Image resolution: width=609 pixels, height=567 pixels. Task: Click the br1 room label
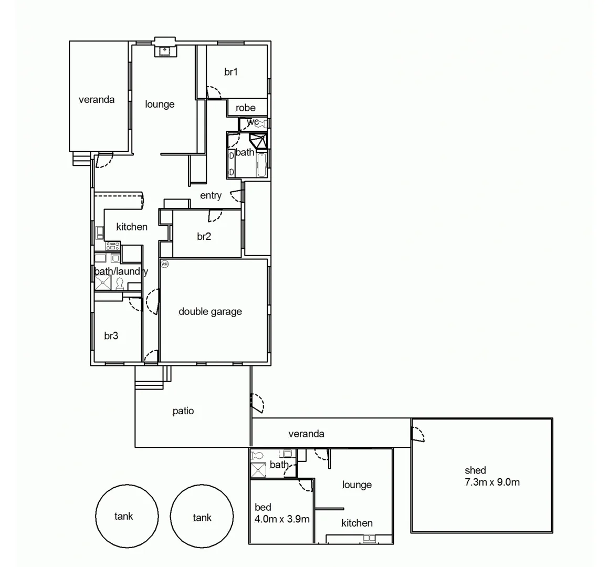click(x=231, y=72)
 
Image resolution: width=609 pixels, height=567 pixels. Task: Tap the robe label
click(x=246, y=108)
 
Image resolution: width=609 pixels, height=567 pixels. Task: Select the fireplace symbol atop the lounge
click(x=165, y=50)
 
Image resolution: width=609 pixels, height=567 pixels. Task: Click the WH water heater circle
click(x=164, y=264)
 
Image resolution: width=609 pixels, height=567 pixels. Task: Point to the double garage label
click(x=210, y=311)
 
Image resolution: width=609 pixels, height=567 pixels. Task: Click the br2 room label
click(x=204, y=236)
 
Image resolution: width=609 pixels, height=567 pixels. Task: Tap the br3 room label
click(x=111, y=335)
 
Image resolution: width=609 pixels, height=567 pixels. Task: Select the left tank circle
click(x=127, y=516)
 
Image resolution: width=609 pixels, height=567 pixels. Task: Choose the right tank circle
click(x=202, y=517)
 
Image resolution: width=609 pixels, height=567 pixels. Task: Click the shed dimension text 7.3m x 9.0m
click(x=492, y=482)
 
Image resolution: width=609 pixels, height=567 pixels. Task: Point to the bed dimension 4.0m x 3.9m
click(x=282, y=519)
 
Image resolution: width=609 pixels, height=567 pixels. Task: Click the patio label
click(x=183, y=411)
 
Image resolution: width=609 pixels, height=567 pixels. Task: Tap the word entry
click(x=211, y=195)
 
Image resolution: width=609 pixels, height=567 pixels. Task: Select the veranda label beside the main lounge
click(x=97, y=99)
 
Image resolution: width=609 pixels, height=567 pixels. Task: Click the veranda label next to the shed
click(x=306, y=434)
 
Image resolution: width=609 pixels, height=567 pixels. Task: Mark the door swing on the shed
click(x=418, y=434)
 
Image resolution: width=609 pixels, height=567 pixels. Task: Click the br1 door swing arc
click(x=215, y=93)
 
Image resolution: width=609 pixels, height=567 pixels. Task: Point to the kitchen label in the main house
click(x=132, y=226)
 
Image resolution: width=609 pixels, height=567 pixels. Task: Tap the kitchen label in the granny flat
click(x=357, y=523)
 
